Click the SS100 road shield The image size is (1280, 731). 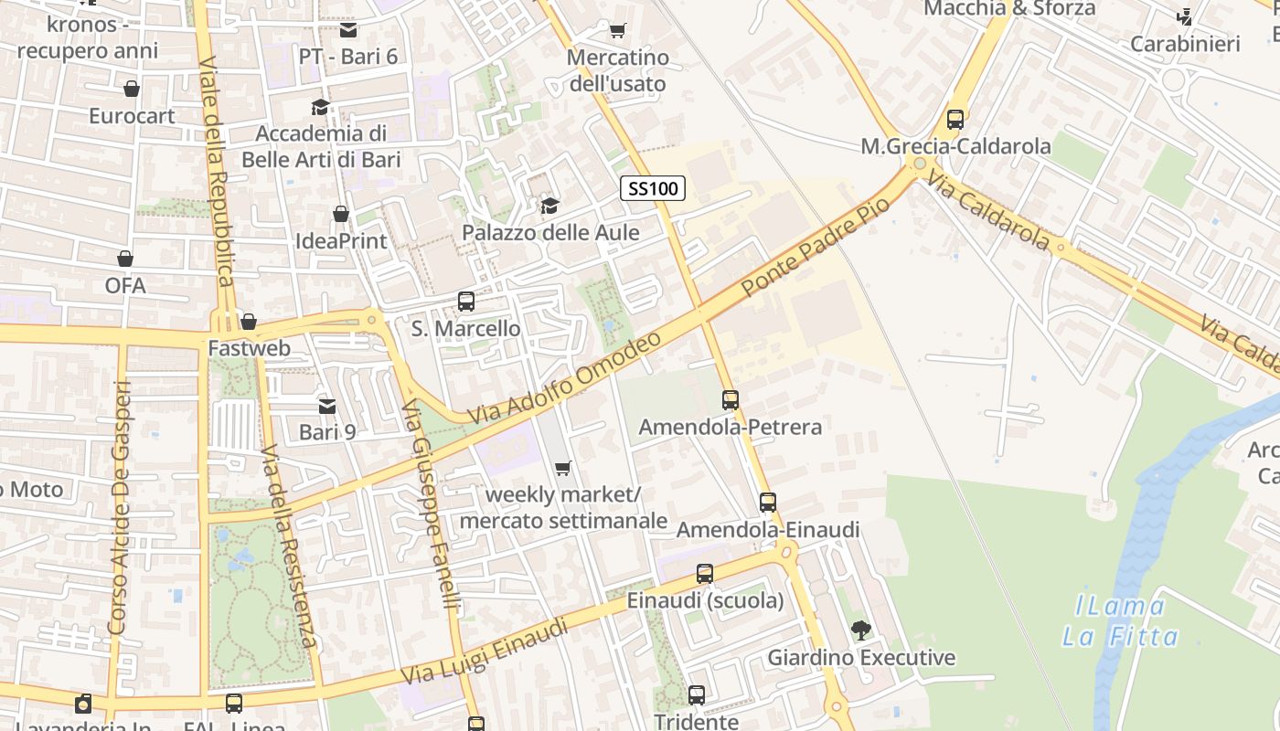tap(653, 189)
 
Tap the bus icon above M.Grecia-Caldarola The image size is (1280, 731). tap(955, 120)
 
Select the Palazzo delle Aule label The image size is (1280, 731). tap(550, 232)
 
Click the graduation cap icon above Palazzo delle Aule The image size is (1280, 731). tap(549, 207)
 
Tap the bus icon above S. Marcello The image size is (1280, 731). tap(466, 302)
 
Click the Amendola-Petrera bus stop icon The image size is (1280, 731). tap(730, 400)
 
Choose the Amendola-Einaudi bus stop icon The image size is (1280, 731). tap(768, 503)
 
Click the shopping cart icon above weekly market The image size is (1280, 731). tap(563, 469)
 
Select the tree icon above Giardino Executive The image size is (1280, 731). tap(860, 630)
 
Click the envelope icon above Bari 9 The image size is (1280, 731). tap(326, 406)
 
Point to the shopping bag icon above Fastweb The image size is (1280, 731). tap(249, 322)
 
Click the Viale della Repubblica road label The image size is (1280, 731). tap(217, 183)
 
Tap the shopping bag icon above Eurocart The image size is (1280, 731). tap(132, 90)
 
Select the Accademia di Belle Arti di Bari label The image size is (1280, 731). tap(321, 146)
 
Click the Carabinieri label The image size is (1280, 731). tap(1185, 44)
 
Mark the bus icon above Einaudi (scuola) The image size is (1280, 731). tap(705, 574)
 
